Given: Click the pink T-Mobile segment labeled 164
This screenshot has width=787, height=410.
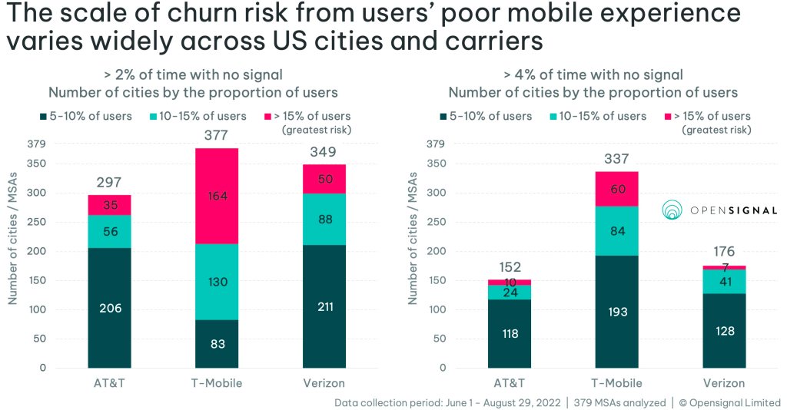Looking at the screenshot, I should coord(218,196).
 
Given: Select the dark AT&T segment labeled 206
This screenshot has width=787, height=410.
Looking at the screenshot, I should coord(109,307).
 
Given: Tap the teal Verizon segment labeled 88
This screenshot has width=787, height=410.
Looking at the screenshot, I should coord(324,219).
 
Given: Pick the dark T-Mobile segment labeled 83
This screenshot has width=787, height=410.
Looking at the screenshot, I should coord(218,343).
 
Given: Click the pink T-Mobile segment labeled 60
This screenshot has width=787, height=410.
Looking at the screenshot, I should coord(617,189).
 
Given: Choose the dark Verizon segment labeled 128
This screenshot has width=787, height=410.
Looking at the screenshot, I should coord(724,330).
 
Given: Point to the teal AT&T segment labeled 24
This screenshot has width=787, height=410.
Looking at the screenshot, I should coord(510,293).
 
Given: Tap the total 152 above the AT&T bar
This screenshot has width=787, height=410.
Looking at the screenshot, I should coord(510,267).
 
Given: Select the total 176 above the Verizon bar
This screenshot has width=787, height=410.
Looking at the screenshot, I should coord(724,252).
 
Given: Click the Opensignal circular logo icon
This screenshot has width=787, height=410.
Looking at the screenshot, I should coord(672,210).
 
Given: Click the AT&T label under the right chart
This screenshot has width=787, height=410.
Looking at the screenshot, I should coord(510,383).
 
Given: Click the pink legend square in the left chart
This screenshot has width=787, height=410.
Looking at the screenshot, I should coord(268,117).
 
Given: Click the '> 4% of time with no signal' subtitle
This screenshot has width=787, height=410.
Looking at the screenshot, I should coord(593,75).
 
